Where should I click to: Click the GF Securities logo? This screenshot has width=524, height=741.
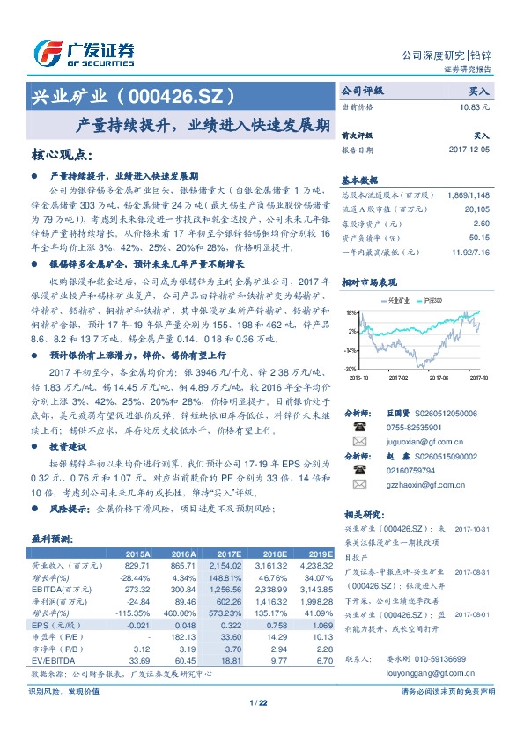(x=84, y=54)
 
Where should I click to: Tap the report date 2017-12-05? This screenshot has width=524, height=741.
(x=469, y=150)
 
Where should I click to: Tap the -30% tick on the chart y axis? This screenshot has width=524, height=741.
(x=351, y=369)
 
